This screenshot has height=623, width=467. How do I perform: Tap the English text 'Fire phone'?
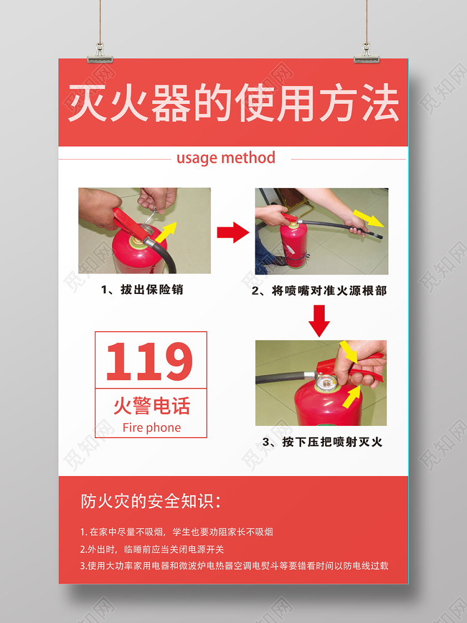(152, 428)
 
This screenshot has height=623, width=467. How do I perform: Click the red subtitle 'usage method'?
(226, 158)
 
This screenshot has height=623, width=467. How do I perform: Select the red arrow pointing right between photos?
(233, 232)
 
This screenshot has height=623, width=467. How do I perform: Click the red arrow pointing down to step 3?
(319, 321)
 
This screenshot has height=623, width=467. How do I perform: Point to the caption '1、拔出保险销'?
(142, 290)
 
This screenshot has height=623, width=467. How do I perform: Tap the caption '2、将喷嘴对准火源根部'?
(319, 291)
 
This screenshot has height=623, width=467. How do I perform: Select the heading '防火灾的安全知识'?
(150, 501)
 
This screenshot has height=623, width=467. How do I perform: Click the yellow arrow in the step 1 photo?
(166, 231)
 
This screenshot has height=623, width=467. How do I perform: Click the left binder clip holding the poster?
(100, 52)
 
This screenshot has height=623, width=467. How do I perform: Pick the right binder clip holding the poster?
(367, 52)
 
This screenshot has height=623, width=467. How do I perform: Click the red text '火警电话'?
(152, 406)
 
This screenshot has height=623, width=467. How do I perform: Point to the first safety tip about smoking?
(177, 532)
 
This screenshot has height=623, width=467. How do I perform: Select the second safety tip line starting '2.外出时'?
(152, 549)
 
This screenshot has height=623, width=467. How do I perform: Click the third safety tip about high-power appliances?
(234, 566)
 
